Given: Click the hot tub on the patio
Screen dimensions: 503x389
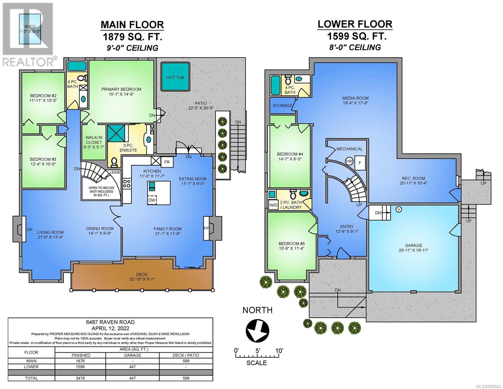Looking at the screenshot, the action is (175, 77).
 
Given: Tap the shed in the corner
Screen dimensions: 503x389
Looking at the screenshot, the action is (30, 29).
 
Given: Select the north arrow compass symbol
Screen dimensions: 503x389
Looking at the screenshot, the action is (257, 329).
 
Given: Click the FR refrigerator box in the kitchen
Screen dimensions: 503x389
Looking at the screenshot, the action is (167, 162).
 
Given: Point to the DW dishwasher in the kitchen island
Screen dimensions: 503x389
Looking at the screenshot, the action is (152, 200).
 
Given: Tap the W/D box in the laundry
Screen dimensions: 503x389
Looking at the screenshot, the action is (273, 205).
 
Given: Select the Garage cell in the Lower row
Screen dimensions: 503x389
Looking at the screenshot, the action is (132, 367).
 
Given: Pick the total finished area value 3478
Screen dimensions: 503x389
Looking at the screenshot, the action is (80, 378).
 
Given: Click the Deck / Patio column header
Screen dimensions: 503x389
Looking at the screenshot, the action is (186, 355).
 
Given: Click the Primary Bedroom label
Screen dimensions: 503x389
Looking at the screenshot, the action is (121, 89).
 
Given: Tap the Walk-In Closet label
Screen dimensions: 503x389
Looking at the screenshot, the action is (94, 140).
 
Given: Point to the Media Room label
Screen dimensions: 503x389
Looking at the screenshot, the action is (355, 98).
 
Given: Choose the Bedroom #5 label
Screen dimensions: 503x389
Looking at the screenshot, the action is (292, 243).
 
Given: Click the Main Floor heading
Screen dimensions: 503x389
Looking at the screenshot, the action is (132, 25).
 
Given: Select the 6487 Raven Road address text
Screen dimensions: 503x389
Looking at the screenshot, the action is (110, 322).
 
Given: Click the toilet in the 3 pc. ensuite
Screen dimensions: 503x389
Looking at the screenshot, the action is (114, 162).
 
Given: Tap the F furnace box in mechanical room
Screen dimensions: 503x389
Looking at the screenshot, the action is (360, 163).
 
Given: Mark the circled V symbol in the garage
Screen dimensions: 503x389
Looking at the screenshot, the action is (399, 209).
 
